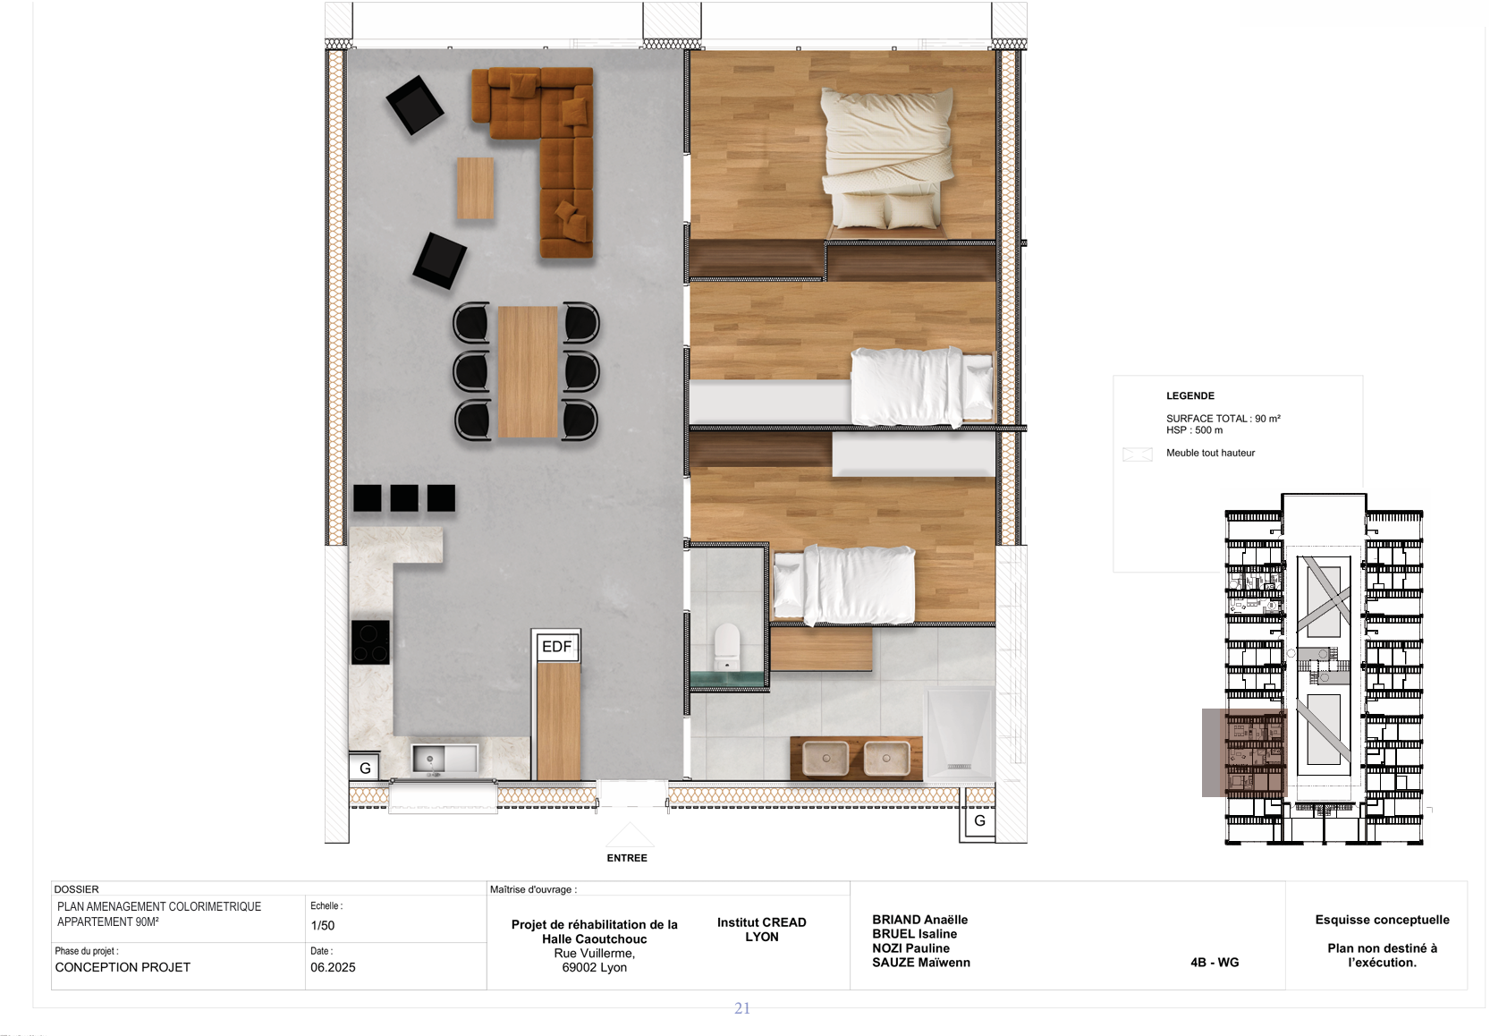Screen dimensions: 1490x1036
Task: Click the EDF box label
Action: (557, 646)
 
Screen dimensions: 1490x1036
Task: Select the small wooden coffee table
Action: (476, 188)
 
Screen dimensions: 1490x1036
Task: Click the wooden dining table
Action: (528, 372)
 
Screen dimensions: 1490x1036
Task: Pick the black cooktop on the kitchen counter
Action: (370, 642)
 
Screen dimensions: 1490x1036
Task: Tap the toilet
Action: (726, 646)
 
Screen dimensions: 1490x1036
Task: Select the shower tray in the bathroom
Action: (960, 734)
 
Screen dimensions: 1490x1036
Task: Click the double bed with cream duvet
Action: (886, 159)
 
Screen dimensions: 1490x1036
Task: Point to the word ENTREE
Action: (627, 858)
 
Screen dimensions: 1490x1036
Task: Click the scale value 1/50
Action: (323, 926)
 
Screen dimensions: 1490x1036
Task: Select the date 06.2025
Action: (333, 967)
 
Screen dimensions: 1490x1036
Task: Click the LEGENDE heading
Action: (1190, 396)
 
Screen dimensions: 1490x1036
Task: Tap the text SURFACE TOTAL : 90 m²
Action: (1223, 419)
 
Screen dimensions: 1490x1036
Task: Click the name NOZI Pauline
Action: (910, 948)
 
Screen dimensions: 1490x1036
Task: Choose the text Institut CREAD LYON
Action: (762, 930)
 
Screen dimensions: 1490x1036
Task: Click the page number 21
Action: (742, 1009)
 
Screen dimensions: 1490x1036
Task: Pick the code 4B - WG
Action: (1215, 963)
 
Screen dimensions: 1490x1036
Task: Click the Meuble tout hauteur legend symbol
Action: (1137, 454)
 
